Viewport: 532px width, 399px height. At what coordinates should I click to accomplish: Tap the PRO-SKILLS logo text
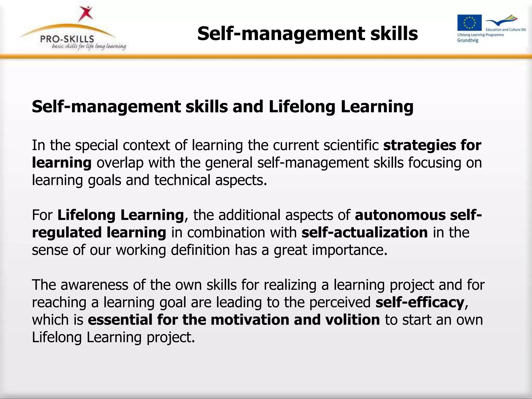pos(67,39)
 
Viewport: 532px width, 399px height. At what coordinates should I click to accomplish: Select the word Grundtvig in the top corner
pos(468,41)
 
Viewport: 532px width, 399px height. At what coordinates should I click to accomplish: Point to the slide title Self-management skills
pos(308,34)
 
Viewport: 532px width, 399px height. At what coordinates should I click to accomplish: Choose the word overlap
pos(120,163)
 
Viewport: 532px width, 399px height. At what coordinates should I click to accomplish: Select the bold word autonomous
pos(400,215)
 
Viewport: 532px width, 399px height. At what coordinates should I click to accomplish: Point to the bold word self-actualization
pos(364,232)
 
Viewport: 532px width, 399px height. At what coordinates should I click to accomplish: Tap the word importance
pos(349,250)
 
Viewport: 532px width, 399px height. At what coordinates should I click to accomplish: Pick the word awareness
pos(95,285)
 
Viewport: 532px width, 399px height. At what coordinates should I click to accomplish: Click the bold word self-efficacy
pos(420,302)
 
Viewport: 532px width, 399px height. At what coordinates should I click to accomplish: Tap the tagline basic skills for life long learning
pos(89,47)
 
